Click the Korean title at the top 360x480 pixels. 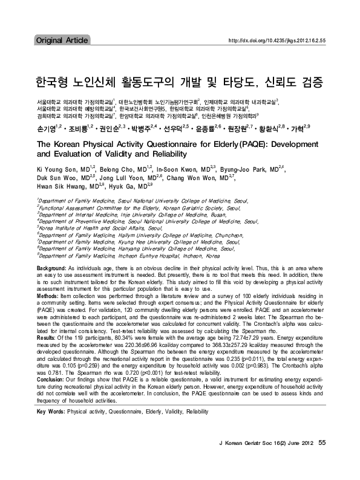180,80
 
